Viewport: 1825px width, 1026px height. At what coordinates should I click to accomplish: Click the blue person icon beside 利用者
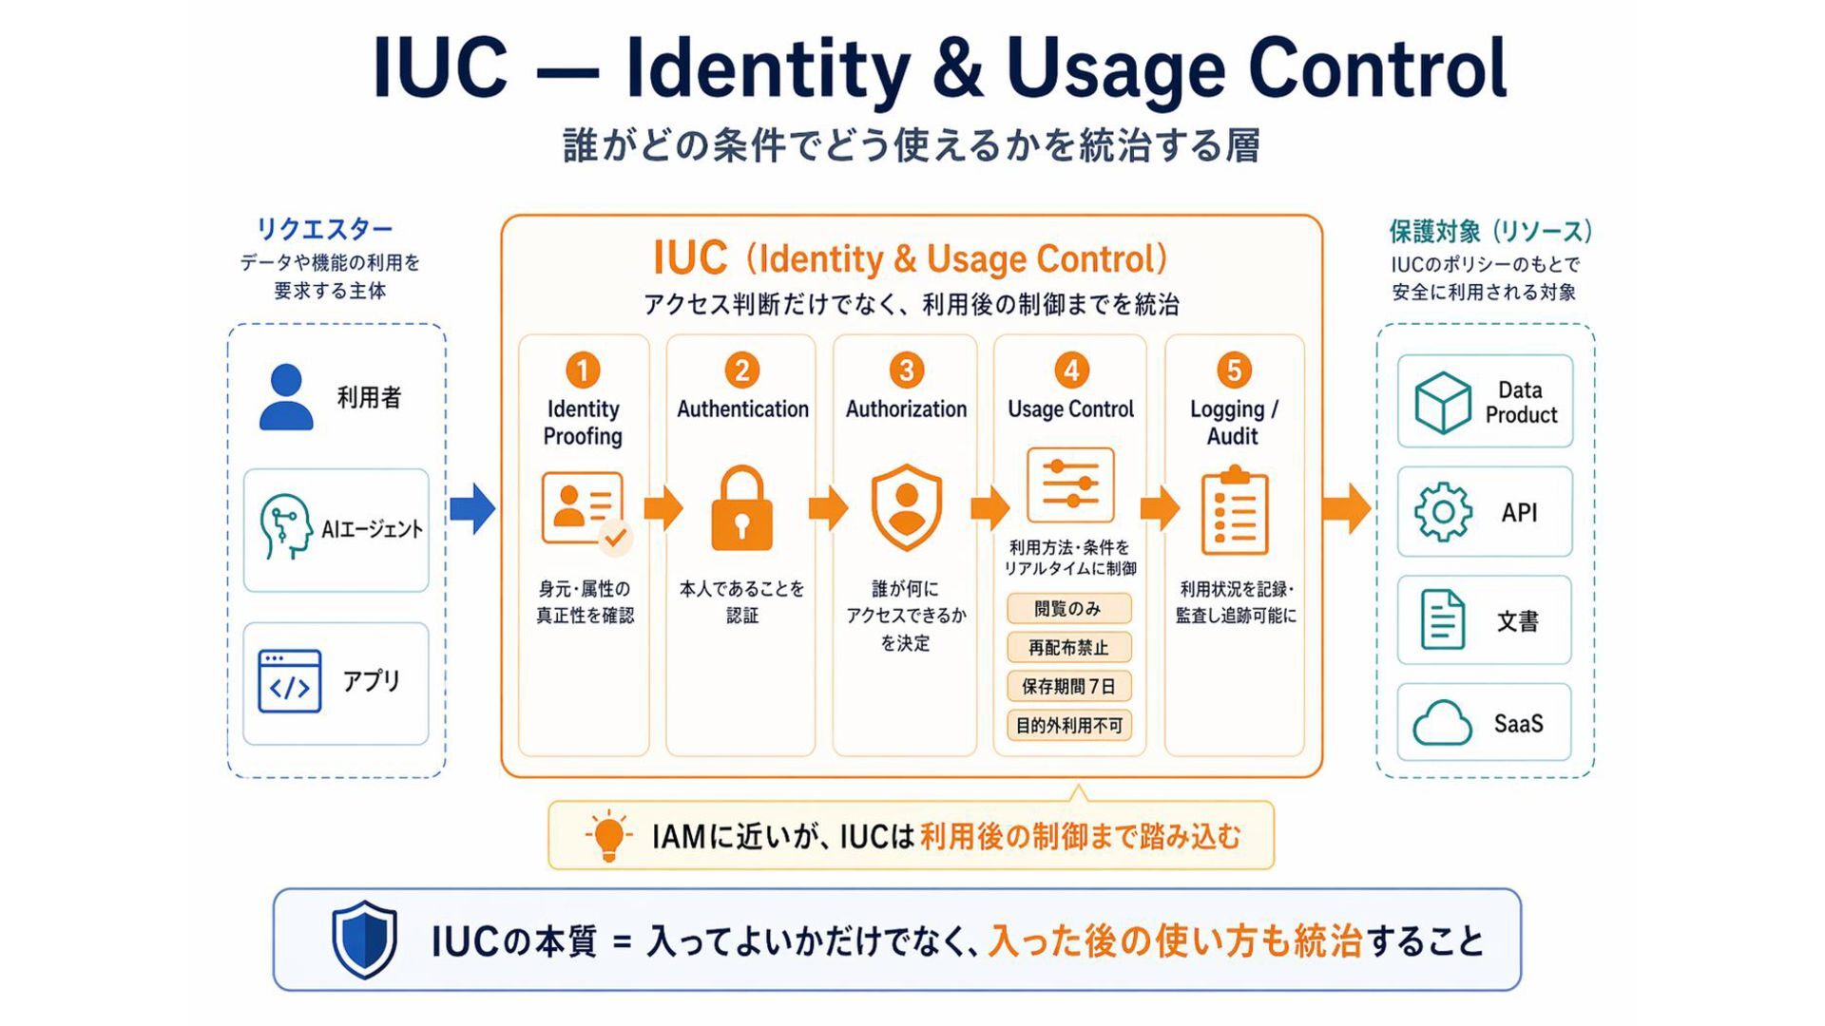click(x=286, y=397)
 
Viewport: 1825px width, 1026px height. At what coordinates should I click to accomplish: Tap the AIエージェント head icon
click(x=285, y=526)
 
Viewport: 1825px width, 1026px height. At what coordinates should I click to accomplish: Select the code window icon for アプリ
click(x=290, y=681)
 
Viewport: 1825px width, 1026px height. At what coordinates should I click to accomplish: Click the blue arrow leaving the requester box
click(x=472, y=508)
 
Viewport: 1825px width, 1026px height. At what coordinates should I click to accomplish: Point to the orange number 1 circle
click(x=583, y=370)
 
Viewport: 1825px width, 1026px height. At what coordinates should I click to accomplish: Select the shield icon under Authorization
click(x=907, y=507)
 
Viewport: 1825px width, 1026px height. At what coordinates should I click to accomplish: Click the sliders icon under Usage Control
click(x=1070, y=484)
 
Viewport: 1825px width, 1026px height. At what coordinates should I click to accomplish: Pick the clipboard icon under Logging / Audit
click(x=1235, y=510)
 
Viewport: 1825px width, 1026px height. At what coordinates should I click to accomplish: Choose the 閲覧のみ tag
click(x=1069, y=609)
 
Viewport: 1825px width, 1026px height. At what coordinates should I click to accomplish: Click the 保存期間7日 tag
click(x=1069, y=686)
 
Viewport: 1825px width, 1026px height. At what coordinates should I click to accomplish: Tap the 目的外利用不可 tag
click(x=1069, y=726)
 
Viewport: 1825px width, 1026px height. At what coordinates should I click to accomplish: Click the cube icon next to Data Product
click(x=1442, y=402)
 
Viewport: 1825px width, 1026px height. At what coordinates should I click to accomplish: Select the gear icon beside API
click(x=1443, y=512)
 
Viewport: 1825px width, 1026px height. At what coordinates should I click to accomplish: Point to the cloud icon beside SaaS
click(x=1442, y=723)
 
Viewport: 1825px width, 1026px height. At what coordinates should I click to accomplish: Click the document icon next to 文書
click(x=1442, y=619)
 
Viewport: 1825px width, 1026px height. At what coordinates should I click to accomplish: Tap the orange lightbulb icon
click(x=608, y=836)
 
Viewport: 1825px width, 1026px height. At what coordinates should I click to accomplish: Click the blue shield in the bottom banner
click(x=364, y=940)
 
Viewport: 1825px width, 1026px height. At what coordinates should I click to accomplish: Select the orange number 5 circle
click(x=1234, y=370)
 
